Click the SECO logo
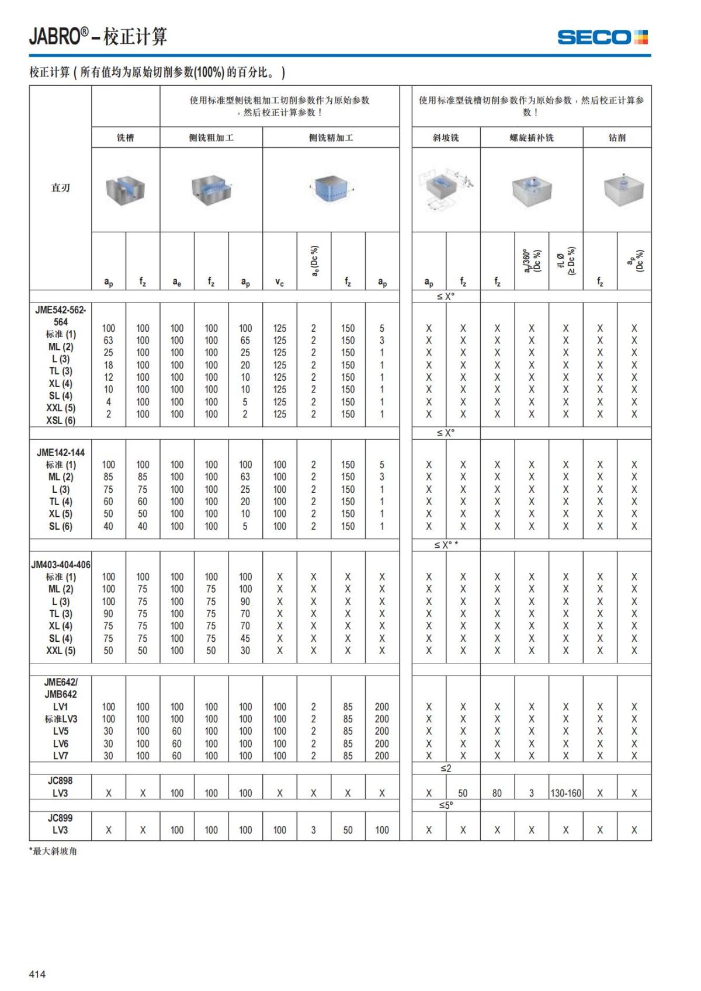pos(602,37)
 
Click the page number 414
pos(37,973)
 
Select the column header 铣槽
pos(126,138)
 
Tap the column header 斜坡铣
pos(446,138)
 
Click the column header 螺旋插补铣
pos(531,138)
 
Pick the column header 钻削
pos(617,138)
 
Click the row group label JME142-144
pos(61,452)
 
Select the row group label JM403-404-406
pos(61,565)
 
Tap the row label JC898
pos(61,780)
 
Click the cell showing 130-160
pos(565,793)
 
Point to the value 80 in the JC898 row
pos(497,793)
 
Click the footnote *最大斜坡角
pos(53,851)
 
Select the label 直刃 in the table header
pos(60,187)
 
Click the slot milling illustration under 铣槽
pos(126,190)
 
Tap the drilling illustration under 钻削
pos(623,190)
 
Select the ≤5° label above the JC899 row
pos(446,805)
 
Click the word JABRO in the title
pos(55,37)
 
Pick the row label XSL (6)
pos(61,420)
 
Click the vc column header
pos(279,282)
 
